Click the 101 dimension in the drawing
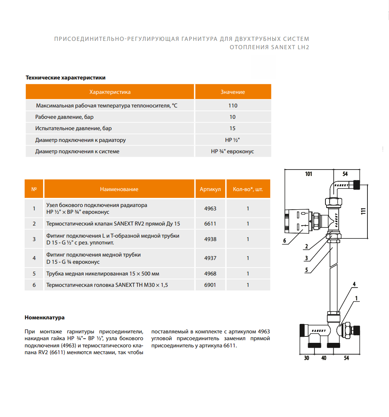point(309,174)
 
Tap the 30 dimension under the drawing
point(306,358)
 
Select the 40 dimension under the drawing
point(324,358)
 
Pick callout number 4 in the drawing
point(354,284)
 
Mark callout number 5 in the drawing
point(307,270)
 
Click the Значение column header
point(233,92)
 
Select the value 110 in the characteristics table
point(233,106)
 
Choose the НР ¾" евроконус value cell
point(232,151)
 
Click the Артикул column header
point(210,189)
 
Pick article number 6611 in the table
point(210,224)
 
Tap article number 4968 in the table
point(210,274)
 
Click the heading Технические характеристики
point(65,78)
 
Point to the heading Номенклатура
point(45,317)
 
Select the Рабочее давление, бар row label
point(64,117)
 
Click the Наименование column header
point(119,189)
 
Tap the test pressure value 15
point(232,129)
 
